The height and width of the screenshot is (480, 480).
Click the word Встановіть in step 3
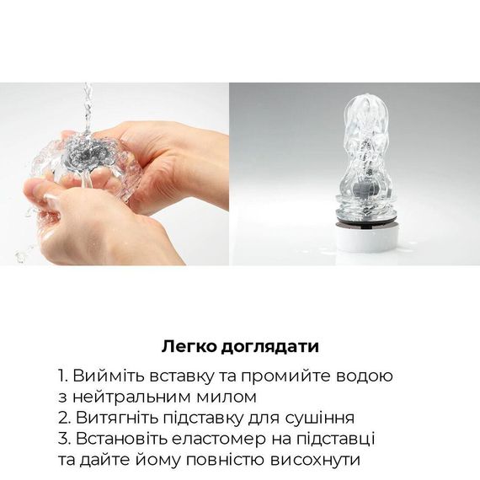click(x=117, y=439)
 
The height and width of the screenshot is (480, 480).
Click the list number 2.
click(x=63, y=418)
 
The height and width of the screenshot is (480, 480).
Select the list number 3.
click(x=63, y=439)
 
